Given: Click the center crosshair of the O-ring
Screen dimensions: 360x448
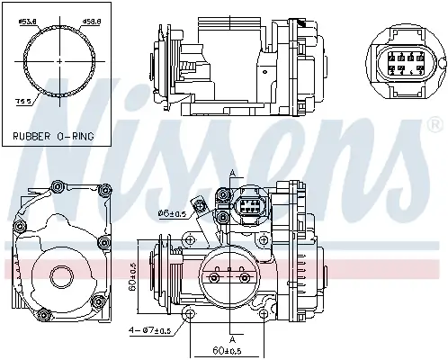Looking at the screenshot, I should pos(60,60).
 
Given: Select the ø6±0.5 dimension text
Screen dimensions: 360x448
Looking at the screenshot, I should pos(172,212).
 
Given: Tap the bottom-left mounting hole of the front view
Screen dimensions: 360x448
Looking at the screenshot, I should pos(190,312).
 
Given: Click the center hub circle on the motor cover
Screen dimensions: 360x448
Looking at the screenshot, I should pos(62,275).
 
